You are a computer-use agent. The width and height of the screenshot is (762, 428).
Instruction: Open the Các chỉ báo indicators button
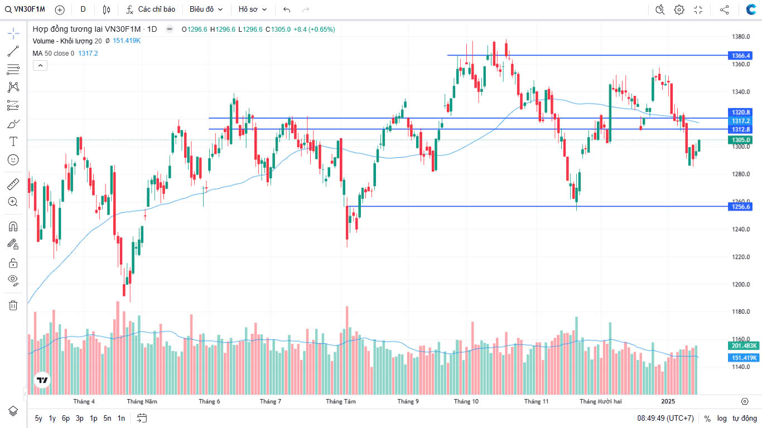tap(151, 9)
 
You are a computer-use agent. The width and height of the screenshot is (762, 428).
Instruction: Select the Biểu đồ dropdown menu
tap(206, 9)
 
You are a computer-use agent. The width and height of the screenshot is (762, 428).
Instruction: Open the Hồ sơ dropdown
tap(253, 9)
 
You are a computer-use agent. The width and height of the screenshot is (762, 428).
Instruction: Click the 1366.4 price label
tap(741, 56)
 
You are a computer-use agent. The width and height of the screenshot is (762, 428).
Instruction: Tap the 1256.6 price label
tap(741, 207)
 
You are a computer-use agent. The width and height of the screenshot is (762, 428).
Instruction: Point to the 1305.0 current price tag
tap(741, 140)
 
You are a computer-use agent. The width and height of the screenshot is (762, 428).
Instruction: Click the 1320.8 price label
tap(741, 113)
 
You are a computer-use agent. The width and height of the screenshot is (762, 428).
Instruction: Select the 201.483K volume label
tap(744, 346)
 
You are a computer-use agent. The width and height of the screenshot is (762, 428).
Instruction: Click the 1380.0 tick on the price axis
tap(740, 37)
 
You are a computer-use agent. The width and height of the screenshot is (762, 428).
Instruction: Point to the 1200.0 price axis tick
tap(740, 284)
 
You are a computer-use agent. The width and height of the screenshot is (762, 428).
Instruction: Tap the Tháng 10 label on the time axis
tap(466, 401)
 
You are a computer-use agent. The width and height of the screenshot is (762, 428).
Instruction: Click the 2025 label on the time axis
tap(668, 401)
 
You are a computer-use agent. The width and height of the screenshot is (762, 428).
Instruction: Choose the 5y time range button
tap(38, 418)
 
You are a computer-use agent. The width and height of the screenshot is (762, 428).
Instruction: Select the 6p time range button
tap(66, 418)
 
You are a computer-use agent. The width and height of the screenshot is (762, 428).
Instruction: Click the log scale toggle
tap(722, 418)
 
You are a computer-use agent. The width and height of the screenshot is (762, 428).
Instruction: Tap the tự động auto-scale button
tap(744, 418)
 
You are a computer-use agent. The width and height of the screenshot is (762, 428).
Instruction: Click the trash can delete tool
tap(13, 305)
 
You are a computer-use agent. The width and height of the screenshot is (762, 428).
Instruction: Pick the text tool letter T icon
tap(13, 142)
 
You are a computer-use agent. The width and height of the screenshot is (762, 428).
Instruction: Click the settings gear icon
tap(679, 9)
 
